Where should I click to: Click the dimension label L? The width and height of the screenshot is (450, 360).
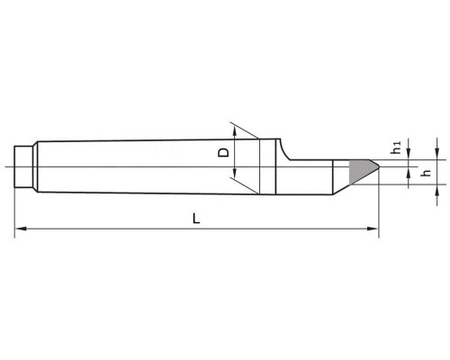point(196,219)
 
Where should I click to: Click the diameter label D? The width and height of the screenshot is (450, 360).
point(223,152)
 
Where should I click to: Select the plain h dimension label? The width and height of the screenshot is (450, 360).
point(426,173)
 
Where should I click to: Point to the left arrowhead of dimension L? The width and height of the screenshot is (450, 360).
point(21,229)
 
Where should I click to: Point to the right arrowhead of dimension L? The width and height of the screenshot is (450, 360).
point(373,229)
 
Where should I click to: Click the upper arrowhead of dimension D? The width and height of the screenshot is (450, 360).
point(235,132)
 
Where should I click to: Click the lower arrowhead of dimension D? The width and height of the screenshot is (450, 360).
point(235,173)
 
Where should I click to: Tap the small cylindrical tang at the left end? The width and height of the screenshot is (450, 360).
point(23,166)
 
